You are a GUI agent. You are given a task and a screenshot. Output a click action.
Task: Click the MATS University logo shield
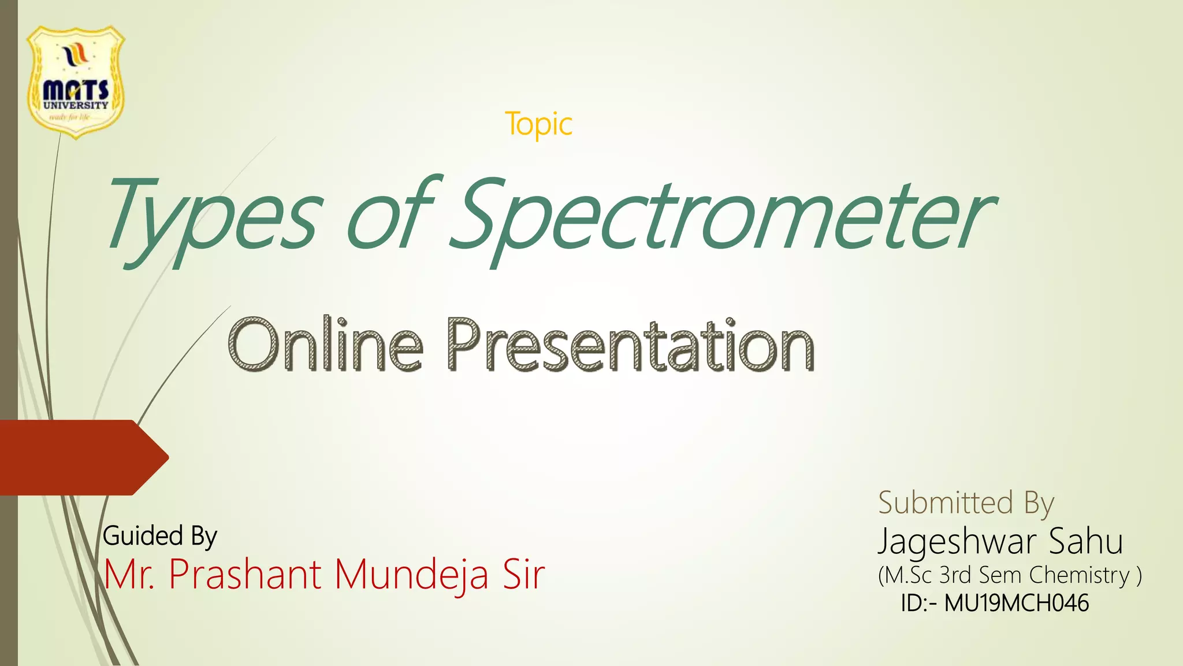(76, 81)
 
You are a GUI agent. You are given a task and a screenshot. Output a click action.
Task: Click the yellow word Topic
(538, 124)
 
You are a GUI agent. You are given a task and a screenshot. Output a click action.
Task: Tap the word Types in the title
(211, 217)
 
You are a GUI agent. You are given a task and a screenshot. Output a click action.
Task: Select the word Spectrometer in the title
(722, 217)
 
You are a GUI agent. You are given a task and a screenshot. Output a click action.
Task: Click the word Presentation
(630, 346)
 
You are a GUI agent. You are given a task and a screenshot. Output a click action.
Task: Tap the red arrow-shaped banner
(81, 457)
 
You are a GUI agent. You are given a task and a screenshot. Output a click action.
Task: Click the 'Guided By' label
(159, 536)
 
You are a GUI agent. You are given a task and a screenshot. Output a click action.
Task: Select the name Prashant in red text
(245, 575)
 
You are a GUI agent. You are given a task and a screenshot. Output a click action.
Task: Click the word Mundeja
(412, 575)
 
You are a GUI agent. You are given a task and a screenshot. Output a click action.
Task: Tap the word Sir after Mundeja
(523, 575)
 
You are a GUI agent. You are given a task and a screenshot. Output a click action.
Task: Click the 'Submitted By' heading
(966, 502)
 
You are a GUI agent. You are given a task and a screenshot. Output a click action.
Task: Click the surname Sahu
(1085, 542)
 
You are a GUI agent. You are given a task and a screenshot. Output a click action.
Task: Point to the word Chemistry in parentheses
(1079, 575)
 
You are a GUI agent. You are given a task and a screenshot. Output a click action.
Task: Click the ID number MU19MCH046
(1016, 604)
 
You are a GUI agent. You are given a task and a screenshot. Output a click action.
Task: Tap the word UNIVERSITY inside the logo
(76, 105)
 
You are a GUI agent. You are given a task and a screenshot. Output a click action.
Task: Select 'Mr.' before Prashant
(129, 575)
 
